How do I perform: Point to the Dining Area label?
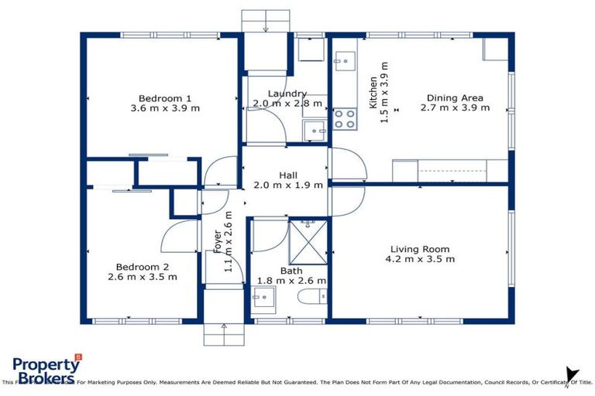[455, 97]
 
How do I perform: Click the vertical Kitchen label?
[373, 91]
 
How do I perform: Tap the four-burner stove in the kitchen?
[345, 118]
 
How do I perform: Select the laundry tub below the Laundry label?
[315, 131]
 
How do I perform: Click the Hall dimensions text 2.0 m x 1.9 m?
[288, 185]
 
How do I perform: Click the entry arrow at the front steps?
[224, 328]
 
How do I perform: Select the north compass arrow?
[571, 374]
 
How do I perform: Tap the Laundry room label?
[287, 94]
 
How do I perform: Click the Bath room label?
[291, 271]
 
